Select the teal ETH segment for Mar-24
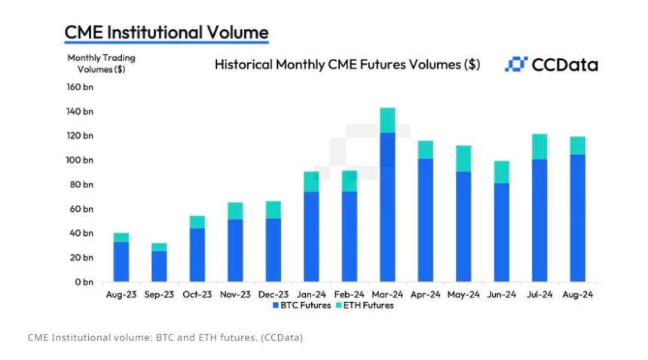pos(387,120)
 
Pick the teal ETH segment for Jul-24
pos(539,147)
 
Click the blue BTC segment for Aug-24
pos(577,218)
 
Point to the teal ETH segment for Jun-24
pos(501,172)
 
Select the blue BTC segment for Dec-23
pos(274,250)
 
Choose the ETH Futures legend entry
pos(365,306)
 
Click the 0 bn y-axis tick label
pos(83,282)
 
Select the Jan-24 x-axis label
pos(311,294)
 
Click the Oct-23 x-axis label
pos(197,294)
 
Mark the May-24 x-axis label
pos(463,294)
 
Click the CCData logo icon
pos(515,64)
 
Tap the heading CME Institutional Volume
pos(167,32)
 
